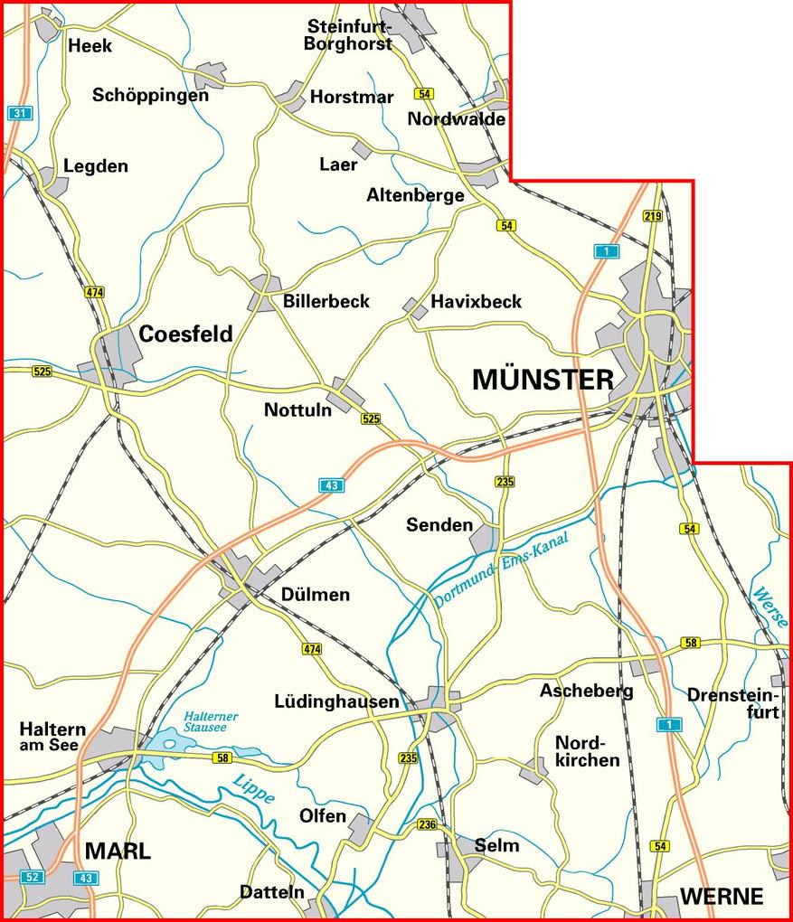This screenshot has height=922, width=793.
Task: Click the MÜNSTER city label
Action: point(543,381)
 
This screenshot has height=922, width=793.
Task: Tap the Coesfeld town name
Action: point(185,334)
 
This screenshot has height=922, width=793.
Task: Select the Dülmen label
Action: point(315,596)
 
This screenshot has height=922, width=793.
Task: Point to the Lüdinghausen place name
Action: point(336,701)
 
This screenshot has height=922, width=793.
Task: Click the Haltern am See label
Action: point(52,737)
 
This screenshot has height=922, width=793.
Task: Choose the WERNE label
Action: point(722,897)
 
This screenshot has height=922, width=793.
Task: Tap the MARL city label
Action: point(118,851)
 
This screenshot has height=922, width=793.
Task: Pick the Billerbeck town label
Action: point(326,301)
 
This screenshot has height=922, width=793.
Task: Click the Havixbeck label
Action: point(477,301)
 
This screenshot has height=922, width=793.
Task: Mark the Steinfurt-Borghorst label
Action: point(349,33)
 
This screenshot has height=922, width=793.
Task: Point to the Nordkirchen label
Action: point(587,750)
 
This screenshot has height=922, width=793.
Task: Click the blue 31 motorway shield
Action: point(18,113)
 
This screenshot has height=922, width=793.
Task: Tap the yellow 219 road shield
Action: point(653,215)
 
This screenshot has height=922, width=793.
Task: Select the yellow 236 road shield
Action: point(427,824)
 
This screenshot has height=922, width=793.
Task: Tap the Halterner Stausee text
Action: point(211,721)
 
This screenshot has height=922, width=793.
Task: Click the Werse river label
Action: point(769,607)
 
